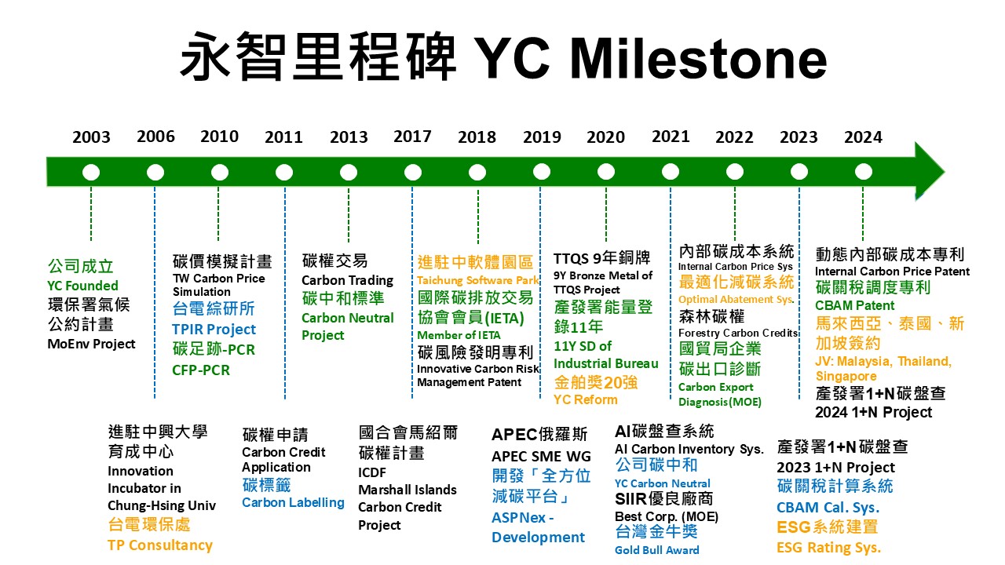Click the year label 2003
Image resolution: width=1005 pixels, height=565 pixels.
pos(91,137)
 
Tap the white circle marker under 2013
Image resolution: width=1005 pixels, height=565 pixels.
pos(349,172)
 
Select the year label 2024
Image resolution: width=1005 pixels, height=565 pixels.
pos(863,137)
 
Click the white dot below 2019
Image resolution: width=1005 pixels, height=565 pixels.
pos(542,171)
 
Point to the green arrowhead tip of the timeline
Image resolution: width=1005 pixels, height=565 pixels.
pos(945,171)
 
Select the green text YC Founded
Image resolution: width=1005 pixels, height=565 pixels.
pos(83,286)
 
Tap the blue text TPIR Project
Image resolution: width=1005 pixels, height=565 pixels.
pos(214,330)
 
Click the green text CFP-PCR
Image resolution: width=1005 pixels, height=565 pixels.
pos(201,370)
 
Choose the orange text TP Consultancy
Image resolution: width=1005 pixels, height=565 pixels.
pos(160,545)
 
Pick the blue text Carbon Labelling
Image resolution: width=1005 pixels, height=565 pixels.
pos(294,503)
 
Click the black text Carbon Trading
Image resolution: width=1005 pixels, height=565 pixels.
pos(347,281)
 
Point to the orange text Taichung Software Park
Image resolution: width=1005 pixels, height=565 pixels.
pos(478,280)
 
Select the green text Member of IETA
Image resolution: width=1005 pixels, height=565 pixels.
pos(459,335)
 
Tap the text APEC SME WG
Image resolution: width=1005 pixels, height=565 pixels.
pos(541,457)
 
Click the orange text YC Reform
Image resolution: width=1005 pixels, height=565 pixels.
pos(586,399)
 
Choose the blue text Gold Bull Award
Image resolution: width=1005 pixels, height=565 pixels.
pos(657,550)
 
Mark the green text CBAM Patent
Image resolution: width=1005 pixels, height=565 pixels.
pos(855,305)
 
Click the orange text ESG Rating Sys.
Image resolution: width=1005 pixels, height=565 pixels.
pos(829,548)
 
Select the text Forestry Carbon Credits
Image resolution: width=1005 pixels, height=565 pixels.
pos(738,334)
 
